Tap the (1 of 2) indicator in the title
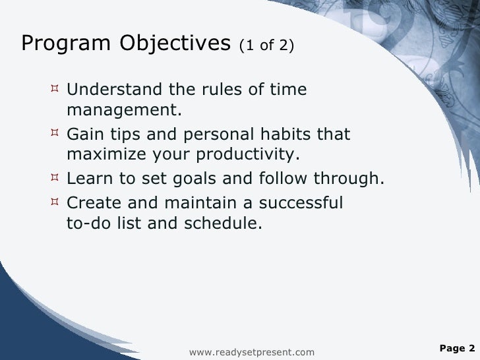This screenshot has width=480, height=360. click(x=267, y=45)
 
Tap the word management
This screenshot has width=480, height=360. click(x=124, y=111)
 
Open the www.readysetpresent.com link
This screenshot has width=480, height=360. click(x=252, y=353)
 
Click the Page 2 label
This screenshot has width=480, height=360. click(x=456, y=348)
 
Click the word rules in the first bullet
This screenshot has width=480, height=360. click(x=201, y=89)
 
